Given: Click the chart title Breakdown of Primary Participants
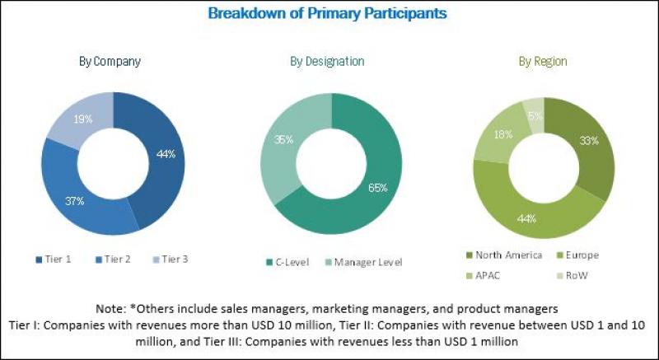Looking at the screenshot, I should (x=328, y=13).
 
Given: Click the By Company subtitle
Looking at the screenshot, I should (x=110, y=62).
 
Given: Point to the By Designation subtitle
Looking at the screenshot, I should (x=327, y=62).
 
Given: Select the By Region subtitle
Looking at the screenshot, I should (x=542, y=62).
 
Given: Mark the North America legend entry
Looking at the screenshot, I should (x=506, y=255).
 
